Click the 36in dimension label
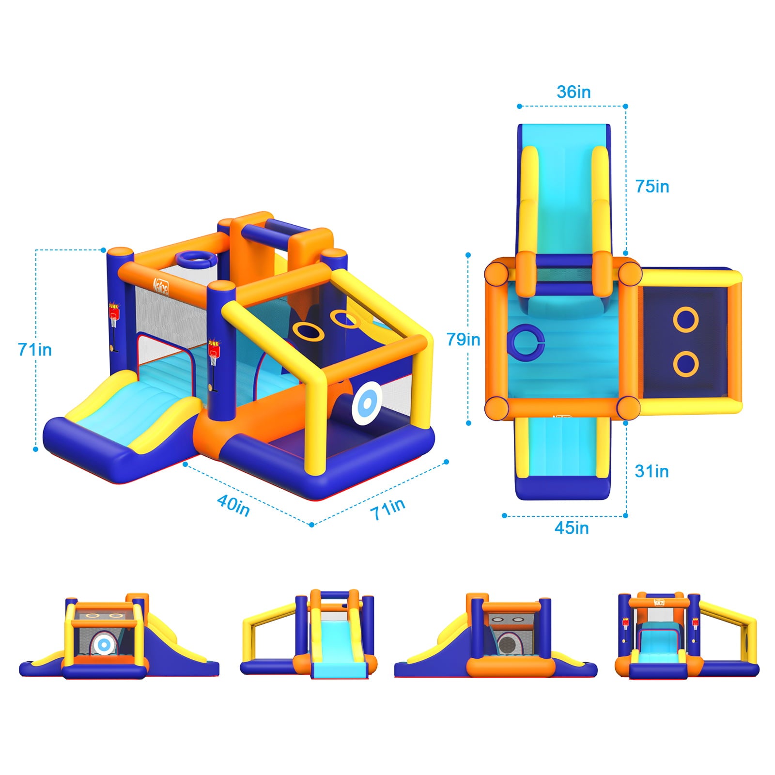[573, 92]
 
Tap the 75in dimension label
[652, 186]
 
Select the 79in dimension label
[463, 340]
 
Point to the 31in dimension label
[651, 471]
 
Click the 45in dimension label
[572, 528]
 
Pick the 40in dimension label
[233, 505]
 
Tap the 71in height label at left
[34, 350]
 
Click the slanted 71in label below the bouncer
[387, 509]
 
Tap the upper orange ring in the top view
[686, 320]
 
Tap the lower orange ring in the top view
[686, 364]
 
